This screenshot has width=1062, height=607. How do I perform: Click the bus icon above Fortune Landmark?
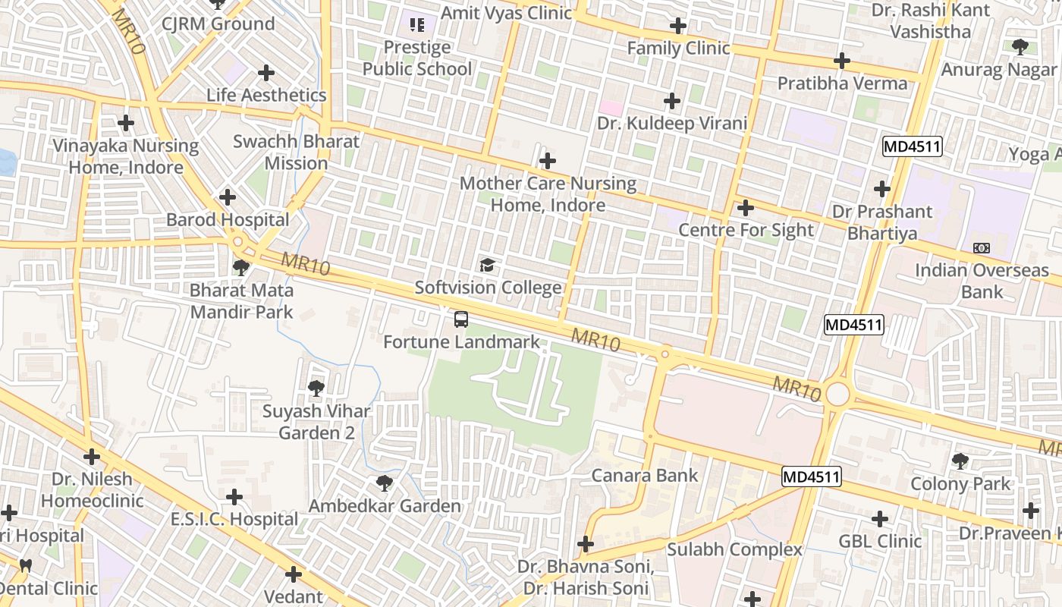460,319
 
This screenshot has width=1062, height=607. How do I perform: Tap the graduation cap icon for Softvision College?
488,265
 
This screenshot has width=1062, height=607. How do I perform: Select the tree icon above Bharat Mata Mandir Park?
241,267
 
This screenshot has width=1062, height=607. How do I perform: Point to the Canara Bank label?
644,476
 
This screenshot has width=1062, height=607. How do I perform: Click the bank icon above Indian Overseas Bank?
982,248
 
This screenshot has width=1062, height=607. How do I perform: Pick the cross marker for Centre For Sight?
746,207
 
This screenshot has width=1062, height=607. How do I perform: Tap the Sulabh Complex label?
734,549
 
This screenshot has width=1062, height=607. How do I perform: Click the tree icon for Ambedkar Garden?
385,483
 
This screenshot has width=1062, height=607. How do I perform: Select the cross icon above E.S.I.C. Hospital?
234,497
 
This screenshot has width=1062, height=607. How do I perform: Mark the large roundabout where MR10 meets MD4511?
837,395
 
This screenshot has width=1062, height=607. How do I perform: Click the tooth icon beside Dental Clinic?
25,565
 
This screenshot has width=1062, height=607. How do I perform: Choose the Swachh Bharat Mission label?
296,153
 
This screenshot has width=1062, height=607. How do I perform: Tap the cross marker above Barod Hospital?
227,197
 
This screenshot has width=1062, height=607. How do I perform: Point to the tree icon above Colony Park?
960,461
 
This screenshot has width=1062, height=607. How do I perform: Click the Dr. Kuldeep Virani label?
672,123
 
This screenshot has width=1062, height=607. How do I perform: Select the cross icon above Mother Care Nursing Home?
547,161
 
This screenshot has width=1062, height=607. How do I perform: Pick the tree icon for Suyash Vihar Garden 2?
316,388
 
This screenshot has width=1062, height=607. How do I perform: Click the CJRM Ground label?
218,24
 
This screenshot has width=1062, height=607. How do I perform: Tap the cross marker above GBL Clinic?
879,519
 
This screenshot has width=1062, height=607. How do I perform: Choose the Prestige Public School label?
416,58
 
